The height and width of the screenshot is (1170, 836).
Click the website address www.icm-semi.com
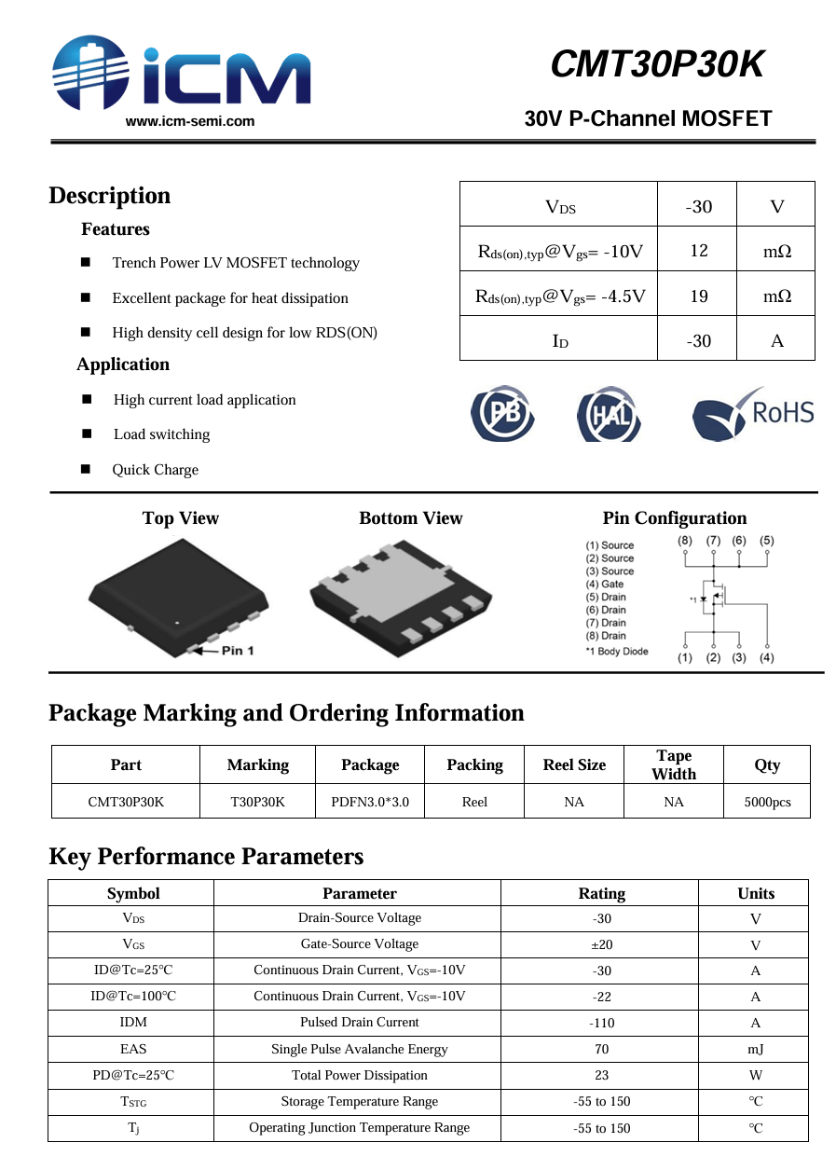(190, 121)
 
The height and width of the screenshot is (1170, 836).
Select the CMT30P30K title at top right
(657, 64)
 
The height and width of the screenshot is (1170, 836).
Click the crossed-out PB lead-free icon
(502, 413)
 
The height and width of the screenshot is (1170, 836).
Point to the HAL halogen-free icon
(610, 414)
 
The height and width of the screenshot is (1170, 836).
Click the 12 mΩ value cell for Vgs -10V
(698, 251)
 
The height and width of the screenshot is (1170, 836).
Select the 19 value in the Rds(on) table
(698, 296)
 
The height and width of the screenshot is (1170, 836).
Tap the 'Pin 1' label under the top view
(237, 650)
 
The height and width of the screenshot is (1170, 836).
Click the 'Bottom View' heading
(410, 518)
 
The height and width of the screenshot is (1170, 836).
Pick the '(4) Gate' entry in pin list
(605, 585)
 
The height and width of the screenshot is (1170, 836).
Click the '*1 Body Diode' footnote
(616, 652)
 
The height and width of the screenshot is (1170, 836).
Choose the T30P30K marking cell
(257, 802)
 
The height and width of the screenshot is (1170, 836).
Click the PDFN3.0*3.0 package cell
(370, 802)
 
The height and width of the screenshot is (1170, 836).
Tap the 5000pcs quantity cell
(767, 802)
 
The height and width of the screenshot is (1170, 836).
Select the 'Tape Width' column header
(674, 764)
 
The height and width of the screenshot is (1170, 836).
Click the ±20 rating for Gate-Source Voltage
(601, 944)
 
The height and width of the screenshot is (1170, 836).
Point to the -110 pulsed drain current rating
(601, 1023)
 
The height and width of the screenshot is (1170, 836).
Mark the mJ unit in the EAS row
(755, 1049)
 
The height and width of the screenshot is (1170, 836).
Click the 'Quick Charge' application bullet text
(156, 470)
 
